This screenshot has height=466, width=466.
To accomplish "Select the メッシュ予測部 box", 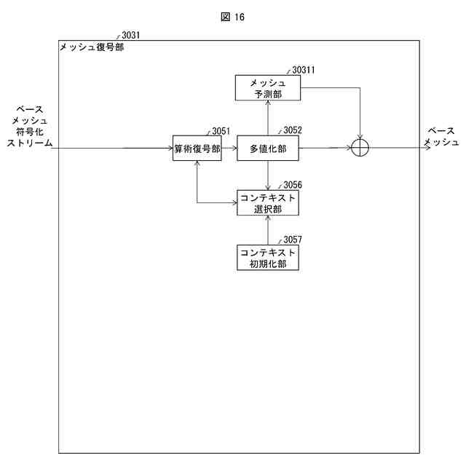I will (x=268, y=88).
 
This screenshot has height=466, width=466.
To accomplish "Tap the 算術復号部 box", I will (x=197, y=148).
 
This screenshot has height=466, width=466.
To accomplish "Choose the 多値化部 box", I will (x=268, y=148).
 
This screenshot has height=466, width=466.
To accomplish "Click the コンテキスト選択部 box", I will (x=268, y=202).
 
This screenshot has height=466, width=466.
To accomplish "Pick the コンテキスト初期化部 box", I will (x=268, y=257).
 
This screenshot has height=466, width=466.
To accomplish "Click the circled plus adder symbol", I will (x=360, y=148).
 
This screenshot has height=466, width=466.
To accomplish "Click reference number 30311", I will (x=303, y=70).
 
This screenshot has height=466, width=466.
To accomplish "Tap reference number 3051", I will (x=221, y=131).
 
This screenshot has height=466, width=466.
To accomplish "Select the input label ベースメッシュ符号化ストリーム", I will (x=29, y=126).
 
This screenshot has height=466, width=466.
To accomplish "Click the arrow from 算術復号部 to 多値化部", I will (x=229, y=148).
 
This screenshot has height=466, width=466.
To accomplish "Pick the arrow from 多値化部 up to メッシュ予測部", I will (x=268, y=118).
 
